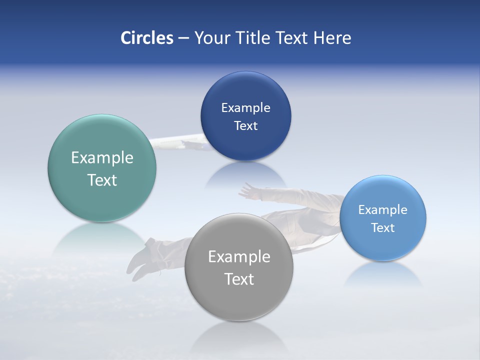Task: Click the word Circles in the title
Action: click(x=146, y=38)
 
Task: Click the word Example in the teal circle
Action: click(x=102, y=158)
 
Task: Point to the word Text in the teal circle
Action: click(x=102, y=180)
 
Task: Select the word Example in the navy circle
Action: click(x=245, y=108)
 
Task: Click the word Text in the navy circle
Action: click(x=245, y=126)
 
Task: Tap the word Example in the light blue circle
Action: click(x=383, y=210)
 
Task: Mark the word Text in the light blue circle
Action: click(x=383, y=228)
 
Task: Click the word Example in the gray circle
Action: click(x=239, y=257)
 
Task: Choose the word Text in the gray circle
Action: click(x=239, y=279)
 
